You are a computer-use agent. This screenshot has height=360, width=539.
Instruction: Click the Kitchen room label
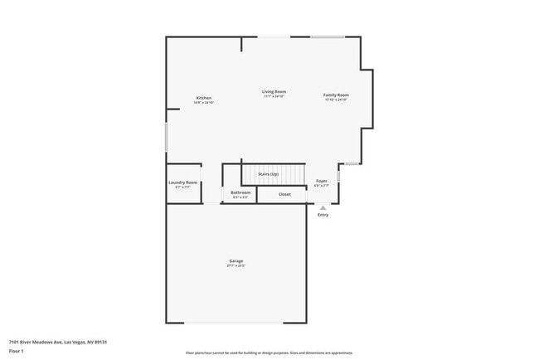[204, 98]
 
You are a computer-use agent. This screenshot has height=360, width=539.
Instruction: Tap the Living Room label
[274, 91]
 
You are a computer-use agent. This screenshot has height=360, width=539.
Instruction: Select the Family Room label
[336, 95]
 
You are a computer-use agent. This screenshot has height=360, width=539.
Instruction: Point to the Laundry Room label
[182, 182]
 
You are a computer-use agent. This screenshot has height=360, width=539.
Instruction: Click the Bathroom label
[240, 192]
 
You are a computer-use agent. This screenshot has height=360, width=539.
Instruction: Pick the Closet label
[284, 194]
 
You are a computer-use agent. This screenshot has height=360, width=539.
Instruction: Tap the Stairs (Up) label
[268, 174]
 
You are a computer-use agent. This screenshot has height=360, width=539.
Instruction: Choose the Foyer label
[322, 181]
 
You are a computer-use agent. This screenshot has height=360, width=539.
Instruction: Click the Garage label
[236, 260]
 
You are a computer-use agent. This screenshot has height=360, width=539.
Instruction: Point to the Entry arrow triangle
[323, 207]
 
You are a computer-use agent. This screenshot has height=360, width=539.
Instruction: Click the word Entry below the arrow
[323, 215]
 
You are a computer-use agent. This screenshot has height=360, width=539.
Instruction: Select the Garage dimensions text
[236, 265]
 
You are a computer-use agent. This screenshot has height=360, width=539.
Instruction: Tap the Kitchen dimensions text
[204, 103]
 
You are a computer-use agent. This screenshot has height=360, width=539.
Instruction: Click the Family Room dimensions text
[336, 100]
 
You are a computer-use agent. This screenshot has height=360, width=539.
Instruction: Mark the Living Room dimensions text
[274, 96]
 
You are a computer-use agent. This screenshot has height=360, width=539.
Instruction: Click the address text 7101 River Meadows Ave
[59, 341]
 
